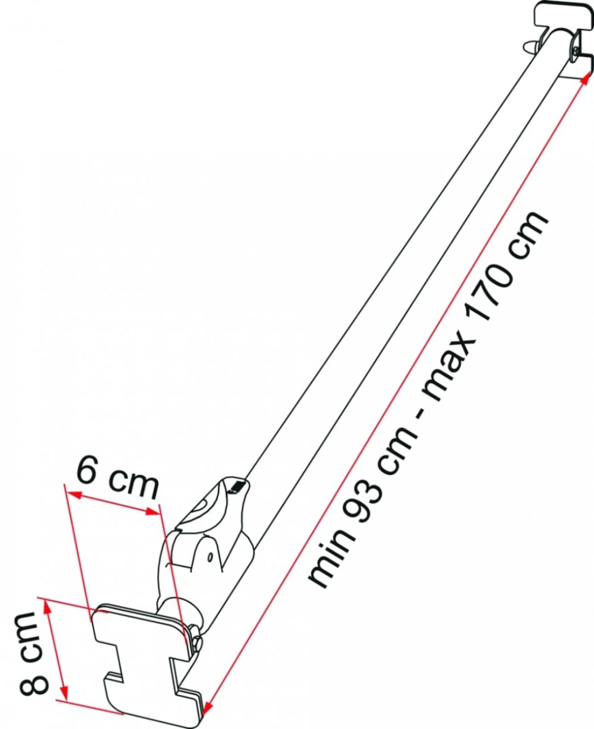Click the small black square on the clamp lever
point(237,486)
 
